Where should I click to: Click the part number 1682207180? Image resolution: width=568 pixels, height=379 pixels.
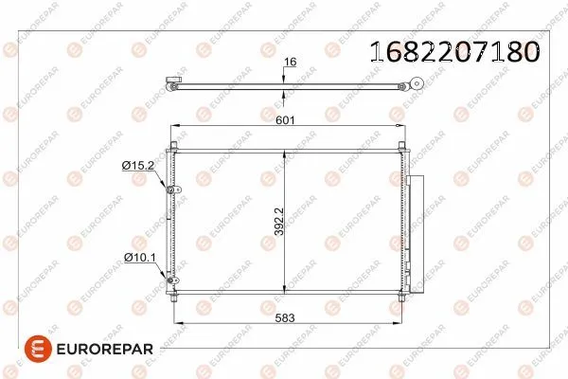(453, 50)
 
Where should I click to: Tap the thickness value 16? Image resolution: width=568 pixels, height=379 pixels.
(291, 62)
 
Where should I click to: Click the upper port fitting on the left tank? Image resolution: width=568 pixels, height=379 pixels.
(172, 191)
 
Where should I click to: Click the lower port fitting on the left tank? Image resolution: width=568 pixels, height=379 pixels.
(172, 279)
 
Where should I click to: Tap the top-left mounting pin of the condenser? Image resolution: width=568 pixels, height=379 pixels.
(174, 144)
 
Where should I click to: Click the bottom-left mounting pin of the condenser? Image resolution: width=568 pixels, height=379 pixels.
(177, 299)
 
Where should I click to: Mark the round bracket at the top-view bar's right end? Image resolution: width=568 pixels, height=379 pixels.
(404, 87)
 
